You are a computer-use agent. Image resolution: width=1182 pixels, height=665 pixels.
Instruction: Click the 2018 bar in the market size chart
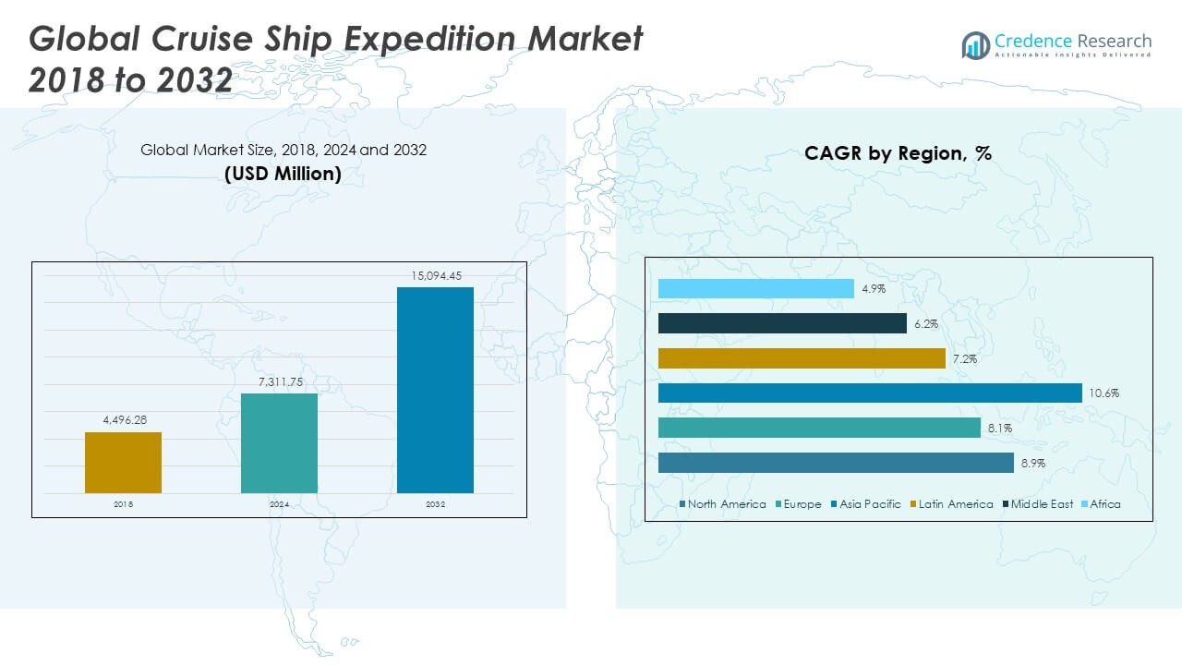point(123,462)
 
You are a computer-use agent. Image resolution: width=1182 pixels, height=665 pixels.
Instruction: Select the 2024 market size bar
point(279,442)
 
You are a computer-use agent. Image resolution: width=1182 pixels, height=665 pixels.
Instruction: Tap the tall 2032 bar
point(435,390)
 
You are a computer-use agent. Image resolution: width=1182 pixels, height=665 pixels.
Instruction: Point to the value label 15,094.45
point(435,275)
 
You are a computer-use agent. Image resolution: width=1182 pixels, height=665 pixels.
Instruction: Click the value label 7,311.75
point(279,381)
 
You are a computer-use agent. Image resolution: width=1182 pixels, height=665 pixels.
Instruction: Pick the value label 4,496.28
point(123,420)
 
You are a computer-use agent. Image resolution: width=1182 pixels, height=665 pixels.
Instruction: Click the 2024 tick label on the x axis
point(279,504)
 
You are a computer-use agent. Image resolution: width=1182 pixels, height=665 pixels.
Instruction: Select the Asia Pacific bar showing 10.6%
point(870,393)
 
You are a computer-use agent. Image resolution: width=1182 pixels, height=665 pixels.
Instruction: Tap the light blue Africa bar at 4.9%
point(756,289)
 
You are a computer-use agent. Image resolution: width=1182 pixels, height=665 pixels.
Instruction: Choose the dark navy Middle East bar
point(782,323)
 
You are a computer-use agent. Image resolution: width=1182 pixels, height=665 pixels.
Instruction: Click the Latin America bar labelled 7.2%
point(802,358)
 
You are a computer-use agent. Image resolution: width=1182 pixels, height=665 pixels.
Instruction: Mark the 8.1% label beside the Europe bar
point(1000,429)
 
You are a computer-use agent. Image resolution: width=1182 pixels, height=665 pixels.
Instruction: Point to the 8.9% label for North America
point(1033,464)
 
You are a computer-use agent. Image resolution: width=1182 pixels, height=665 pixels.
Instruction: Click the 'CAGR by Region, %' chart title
point(898,153)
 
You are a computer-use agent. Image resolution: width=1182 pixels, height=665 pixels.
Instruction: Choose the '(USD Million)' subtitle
point(283,174)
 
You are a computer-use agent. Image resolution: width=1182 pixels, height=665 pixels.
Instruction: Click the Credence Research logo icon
point(976,44)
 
